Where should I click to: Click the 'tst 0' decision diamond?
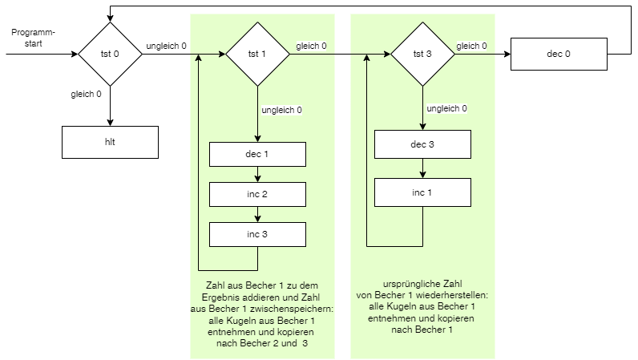[x=110, y=54]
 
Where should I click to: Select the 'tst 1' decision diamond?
[x=257, y=54]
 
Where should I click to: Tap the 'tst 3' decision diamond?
[x=422, y=54]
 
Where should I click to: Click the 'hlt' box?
[x=110, y=141]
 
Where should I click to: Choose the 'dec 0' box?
[x=558, y=54]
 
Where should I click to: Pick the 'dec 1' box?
[x=257, y=154]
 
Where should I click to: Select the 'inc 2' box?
[x=257, y=194]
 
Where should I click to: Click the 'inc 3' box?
[x=257, y=233]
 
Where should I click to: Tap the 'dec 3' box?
[x=422, y=144]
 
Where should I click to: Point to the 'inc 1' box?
[x=422, y=193]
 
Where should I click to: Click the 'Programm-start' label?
[x=33, y=38]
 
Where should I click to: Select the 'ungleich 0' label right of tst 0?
[x=166, y=46]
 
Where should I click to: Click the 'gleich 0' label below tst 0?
[x=87, y=94]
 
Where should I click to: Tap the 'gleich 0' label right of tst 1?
[x=311, y=46]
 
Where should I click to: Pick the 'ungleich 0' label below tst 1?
[x=281, y=110]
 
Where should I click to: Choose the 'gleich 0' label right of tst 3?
[x=471, y=46]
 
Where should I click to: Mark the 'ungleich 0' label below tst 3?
[x=446, y=108]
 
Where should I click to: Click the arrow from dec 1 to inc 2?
[x=257, y=174]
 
